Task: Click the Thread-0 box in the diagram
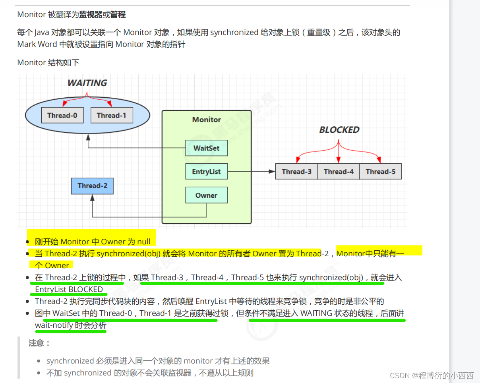(62, 116)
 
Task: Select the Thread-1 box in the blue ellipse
(112, 116)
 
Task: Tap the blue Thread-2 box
(92, 186)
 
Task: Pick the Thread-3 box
(297, 172)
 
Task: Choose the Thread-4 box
(339, 172)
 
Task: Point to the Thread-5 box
(380, 172)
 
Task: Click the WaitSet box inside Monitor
(206, 148)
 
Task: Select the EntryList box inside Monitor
(206, 172)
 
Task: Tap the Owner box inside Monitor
(206, 195)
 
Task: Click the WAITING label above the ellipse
(87, 83)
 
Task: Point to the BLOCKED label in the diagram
(339, 130)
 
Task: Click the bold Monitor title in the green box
(206, 120)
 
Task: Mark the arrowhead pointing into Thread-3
(272, 172)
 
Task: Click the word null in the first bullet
(144, 242)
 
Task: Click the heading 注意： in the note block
(39, 343)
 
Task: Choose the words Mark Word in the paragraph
(37, 44)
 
